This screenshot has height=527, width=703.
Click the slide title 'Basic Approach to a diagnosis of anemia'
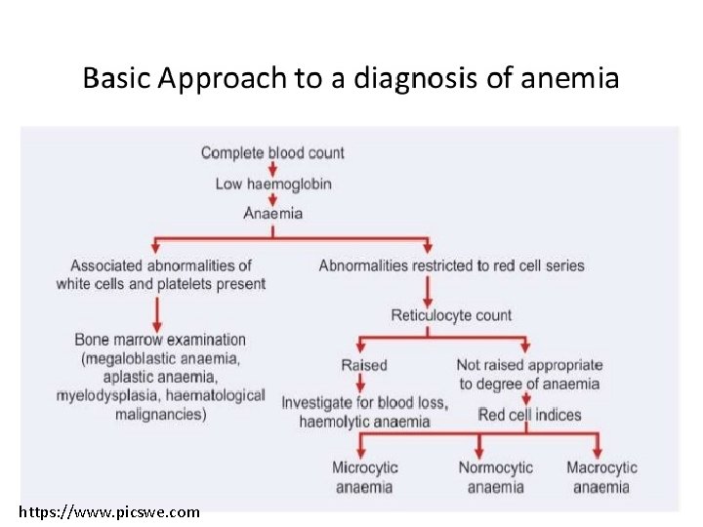pyautogui.click(x=351, y=78)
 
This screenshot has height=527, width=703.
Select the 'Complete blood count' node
pyautogui.click(x=272, y=152)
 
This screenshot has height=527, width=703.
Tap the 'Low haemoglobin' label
pyautogui.click(x=272, y=183)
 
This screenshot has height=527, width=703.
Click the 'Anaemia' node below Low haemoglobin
pyautogui.click(x=272, y=213)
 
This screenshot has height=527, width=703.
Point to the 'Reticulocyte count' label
pyautogui.click(x=451, y=315)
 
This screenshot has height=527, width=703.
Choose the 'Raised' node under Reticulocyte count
pyautogui.click(x=363, y=365)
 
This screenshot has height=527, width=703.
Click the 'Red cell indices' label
pyautogui.click(x=529, y=415)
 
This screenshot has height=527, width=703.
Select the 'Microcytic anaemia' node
pyautogui.click(x=365, y=477)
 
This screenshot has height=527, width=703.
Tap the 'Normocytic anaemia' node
pyautogui.click(x=495, y=477)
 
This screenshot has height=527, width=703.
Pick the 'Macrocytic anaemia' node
pyautogui.click(x=601, y=477)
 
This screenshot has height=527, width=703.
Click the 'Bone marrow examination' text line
pyautogui.click(x=160, y=340)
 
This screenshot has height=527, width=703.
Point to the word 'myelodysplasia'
pyautogui.click(x=107, y=395)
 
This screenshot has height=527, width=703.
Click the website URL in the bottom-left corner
pyautogui.click(x=109, y=511)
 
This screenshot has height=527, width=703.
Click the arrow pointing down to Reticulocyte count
pyautogui.click(x=427, y=290)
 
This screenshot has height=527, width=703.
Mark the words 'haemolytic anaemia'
pyautogui.click(x=364, y=422)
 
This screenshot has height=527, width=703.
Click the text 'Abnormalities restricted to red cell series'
pyautogui.click(x=451, y=265)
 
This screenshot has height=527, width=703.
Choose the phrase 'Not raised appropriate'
pyautogui.click(x=529, y=365)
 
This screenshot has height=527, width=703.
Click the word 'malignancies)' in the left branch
pyautogui.click(x=160, y=414)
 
